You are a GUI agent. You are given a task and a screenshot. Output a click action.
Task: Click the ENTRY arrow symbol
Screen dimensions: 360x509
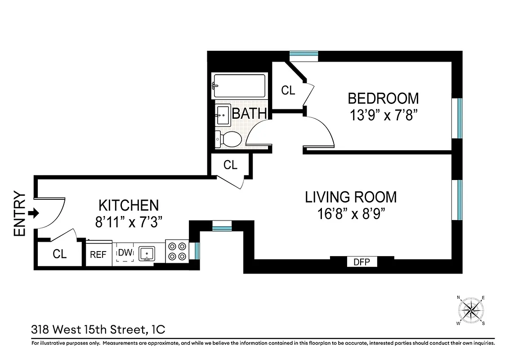tap(33, 213)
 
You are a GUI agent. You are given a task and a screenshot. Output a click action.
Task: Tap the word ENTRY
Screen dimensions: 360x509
tap(19, 214)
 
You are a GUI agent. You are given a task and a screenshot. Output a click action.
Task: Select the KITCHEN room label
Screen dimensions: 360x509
tap(129, 205)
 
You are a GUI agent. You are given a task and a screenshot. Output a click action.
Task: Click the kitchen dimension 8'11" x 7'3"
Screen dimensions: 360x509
tap(129, 221)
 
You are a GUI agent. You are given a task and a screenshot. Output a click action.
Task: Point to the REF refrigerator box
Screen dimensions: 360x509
tap(98, 255)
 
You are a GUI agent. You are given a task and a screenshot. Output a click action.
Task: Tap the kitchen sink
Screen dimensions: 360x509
tap(146, 254)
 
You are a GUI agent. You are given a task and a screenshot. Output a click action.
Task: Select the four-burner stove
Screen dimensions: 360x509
tap(176, 252)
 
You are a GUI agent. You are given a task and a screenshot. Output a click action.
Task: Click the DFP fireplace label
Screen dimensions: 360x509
tap(362, 261)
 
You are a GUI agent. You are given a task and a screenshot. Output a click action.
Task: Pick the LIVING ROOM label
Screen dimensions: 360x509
tap(351, 197)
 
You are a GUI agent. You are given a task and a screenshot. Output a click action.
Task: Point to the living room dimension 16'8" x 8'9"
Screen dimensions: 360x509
tap(351, 213)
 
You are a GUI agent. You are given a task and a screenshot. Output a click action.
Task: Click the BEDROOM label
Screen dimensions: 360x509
tap(383, 98)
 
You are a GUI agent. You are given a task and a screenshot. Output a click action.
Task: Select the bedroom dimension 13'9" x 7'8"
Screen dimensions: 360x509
tap(383, 114)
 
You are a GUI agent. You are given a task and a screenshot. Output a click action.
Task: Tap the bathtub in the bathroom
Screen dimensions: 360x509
tap(239, 85)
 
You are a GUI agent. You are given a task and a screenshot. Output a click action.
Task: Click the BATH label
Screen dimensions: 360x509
tap(250, 113)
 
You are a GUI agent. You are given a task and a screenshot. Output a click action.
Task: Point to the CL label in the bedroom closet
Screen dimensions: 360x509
tap(288, 90)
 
